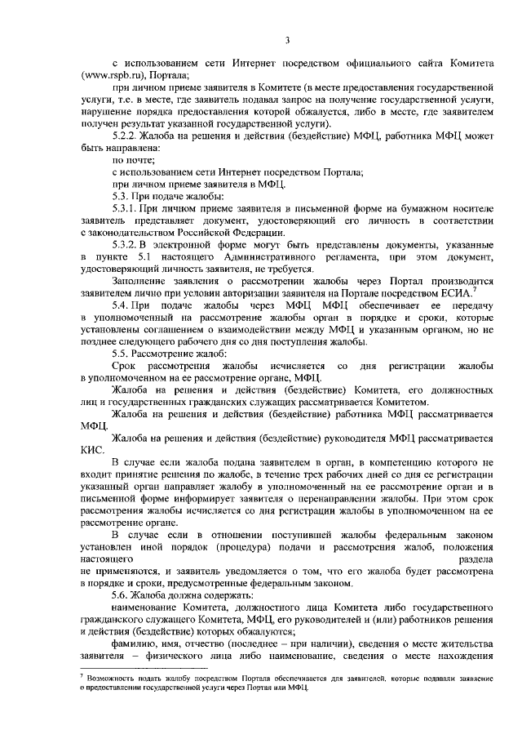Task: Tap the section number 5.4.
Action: click(122, 307)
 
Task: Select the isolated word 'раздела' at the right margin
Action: click(474, 560)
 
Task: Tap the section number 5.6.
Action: click(122, 597)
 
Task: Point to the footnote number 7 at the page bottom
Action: click(83, 675)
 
